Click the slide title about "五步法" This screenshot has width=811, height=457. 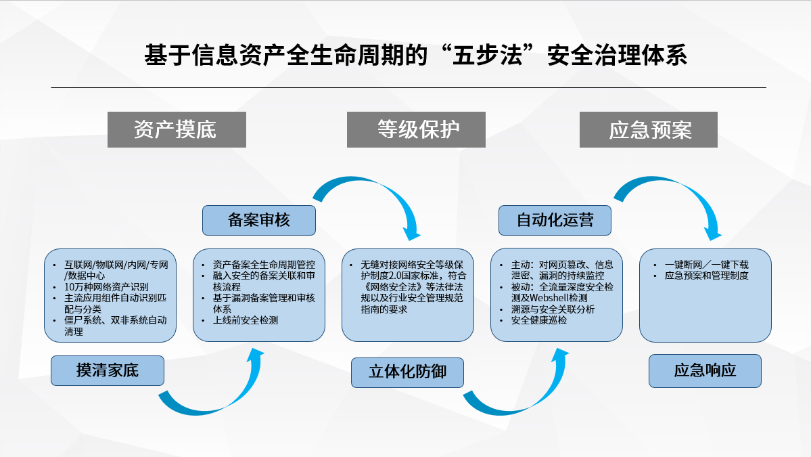pos(415,56)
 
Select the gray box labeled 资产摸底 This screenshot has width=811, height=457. pos(177,129)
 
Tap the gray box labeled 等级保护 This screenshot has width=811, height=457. pos(416,129)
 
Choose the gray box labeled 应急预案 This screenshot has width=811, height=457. pos(648,129)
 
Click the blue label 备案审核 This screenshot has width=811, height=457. pos(258,220)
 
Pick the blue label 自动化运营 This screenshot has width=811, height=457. pos(555,220)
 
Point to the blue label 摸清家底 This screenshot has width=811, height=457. pos(107,370)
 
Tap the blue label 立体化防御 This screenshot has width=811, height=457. pos(407,372)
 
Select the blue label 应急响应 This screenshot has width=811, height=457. pos(705,370)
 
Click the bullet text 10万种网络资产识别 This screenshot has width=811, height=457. pos(106,286)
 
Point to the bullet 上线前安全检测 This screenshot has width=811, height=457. pos(245,320)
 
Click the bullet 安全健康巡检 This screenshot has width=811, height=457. pos(539,320)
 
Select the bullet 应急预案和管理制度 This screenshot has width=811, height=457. pos(707,276)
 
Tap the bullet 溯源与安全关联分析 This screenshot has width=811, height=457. pos(553,309)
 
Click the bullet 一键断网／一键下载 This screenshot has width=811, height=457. pos(707,265)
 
